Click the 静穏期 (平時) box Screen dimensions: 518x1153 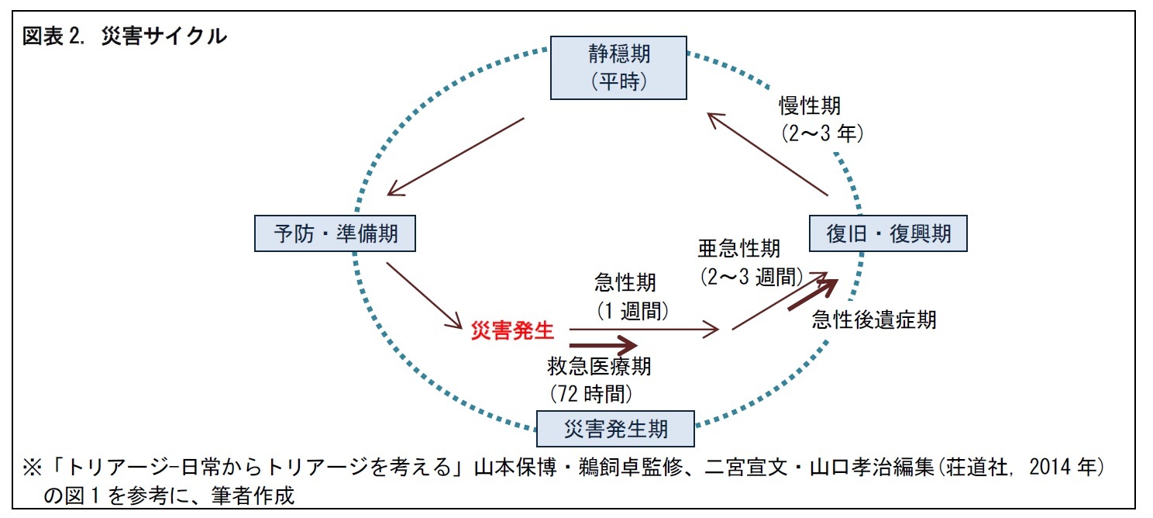[619, 67]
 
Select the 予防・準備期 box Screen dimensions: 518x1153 [335, 233]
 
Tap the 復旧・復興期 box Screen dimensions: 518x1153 [889, 233]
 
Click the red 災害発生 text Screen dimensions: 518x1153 [513, 330]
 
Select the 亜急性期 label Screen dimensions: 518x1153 [738, 248]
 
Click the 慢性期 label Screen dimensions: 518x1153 [809, 105]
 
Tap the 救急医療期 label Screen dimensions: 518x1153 [599, 365]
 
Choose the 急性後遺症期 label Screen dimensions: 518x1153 [873, 319]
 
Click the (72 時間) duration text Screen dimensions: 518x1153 [590, 393]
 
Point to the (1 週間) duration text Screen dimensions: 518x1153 [632, 311]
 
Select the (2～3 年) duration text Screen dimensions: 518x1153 [821, 133]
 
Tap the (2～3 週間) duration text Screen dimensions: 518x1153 [751, 276]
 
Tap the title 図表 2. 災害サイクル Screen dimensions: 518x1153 [124, 36]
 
